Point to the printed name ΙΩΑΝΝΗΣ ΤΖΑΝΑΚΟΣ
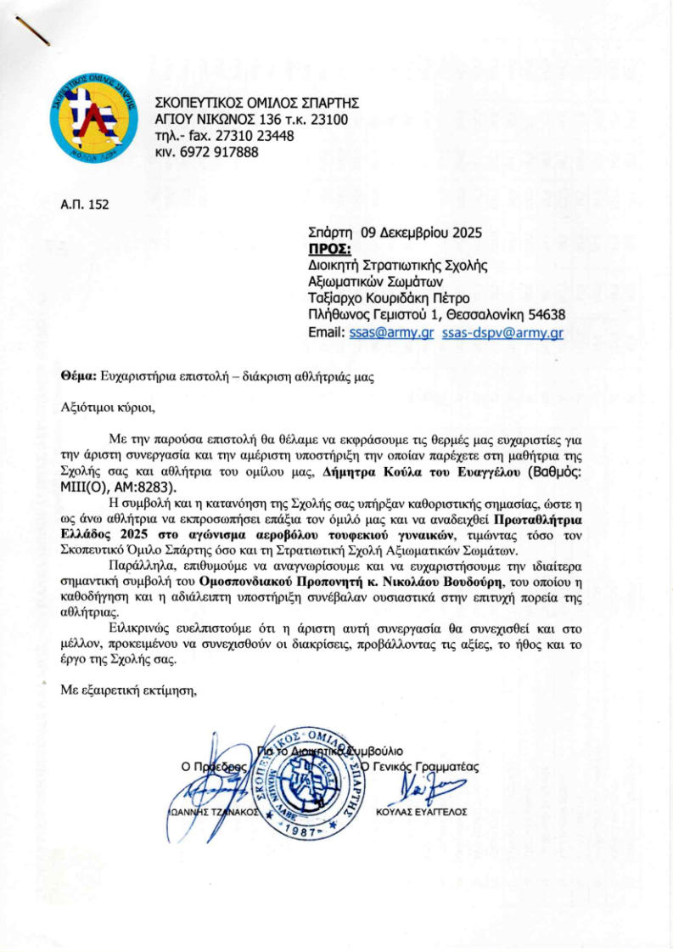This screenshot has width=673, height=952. [x=207, y=812]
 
